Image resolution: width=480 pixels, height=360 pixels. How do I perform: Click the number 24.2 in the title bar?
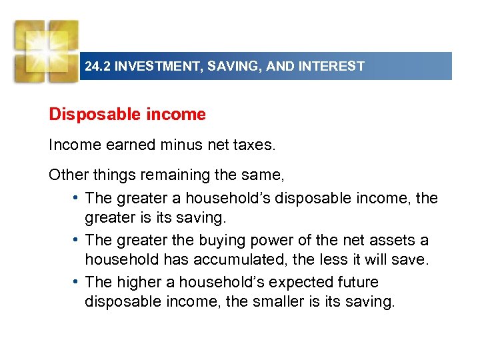(x=97, y=67)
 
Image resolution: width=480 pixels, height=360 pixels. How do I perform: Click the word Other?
(x=66, y=175)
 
